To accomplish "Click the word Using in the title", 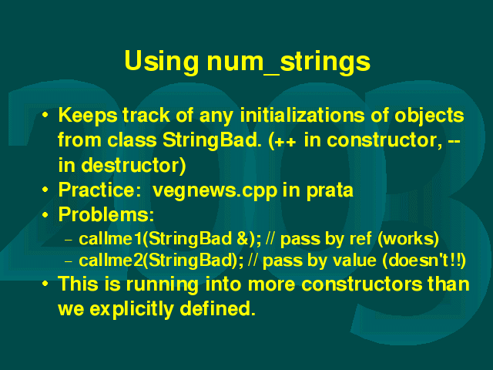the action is point(161,62).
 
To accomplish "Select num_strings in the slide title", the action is point(289,62).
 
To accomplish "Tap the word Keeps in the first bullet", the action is point(88,116).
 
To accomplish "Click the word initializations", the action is point(302,115).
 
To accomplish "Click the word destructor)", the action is point(133,165).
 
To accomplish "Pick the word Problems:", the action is point(106,214).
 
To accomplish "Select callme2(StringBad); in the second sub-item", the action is point(161,261).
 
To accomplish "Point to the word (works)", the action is point(408,239).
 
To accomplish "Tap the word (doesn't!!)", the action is point(424,261).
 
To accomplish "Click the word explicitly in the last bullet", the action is point(132,309).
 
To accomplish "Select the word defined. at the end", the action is point(217,308).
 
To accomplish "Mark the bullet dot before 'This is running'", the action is point(45,284).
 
